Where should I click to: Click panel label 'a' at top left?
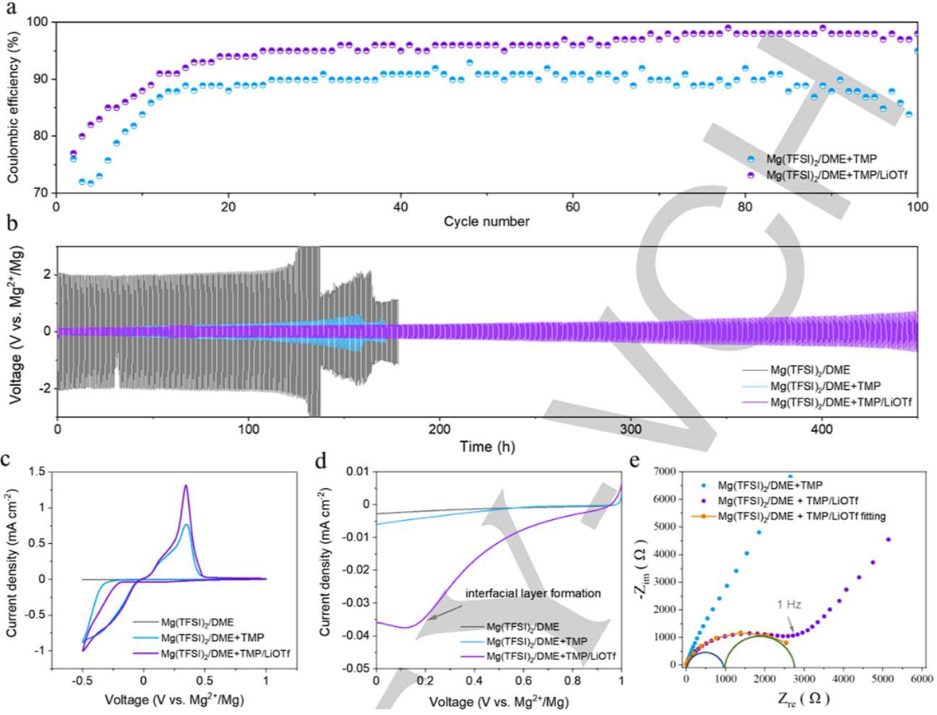coord(10,10)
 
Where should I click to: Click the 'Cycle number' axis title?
coord(487,222)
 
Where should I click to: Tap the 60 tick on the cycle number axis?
coord(573,207)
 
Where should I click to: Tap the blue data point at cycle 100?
coord(917,51)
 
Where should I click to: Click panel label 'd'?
coord(327,461)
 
